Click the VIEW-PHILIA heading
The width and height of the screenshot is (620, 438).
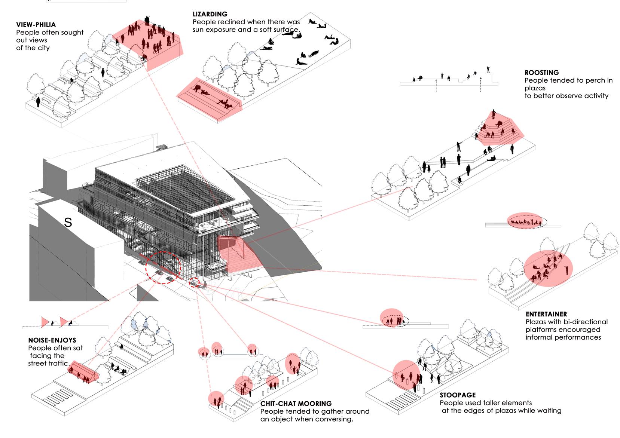coord(36,25)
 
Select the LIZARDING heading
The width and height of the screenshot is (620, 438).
coord(210,14)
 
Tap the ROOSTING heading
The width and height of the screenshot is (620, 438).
coord(541,73)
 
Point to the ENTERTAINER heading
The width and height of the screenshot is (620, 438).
coord(546,314)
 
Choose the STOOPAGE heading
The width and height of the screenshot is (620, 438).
coord(458,395)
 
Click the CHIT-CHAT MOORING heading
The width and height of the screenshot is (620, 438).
coord(296,404)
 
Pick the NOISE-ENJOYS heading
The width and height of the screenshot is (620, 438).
coord(52,340)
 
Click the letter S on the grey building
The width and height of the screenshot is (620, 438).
coord(68,223)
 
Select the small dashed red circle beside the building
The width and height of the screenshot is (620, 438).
coord(195,283)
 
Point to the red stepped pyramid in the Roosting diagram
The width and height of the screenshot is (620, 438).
coord(499,128)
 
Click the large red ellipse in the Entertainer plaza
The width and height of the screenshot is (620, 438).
coord(548,268)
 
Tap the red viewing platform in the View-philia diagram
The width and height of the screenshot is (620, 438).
coord(150,41)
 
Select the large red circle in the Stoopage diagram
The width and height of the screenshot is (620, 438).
coord(407,375)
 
